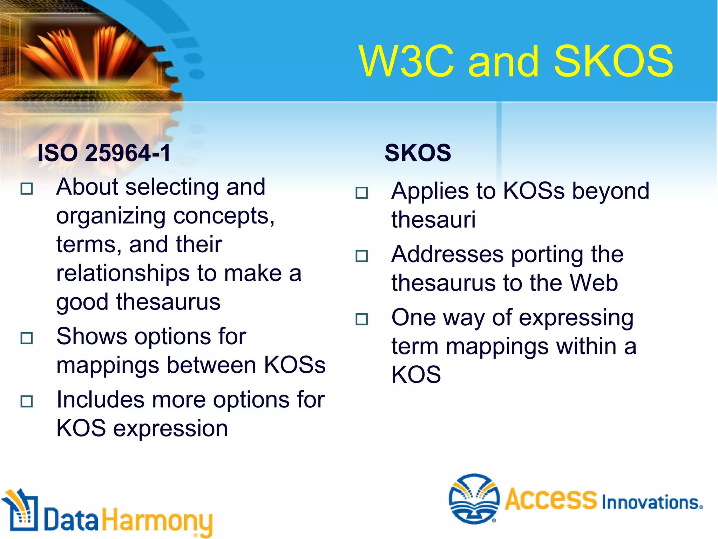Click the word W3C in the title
[x=407, y=62]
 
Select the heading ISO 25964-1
[x=104, y=153]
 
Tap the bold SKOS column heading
[x=418, y=153]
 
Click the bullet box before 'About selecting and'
[x=27, y=189]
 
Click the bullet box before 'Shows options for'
[x=27, y=338]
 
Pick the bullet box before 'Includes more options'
[x=27, y=401]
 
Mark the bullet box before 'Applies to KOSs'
[x=361, y=193]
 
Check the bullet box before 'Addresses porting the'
[x=361, y=256]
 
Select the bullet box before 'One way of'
[x=361, y=319]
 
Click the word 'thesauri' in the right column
[x=433, y=220]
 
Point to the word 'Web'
[x=593, y=283]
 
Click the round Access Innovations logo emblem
[x=474, y=498]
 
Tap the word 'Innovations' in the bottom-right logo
[x=651, y=503]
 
